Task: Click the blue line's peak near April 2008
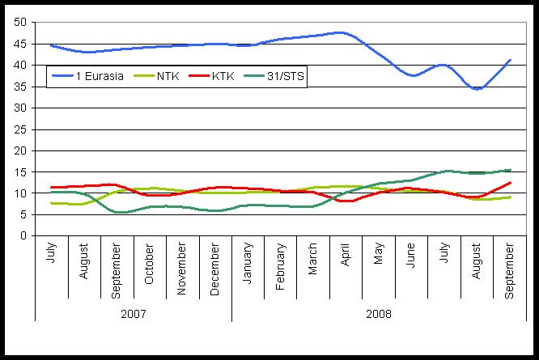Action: (343, 32)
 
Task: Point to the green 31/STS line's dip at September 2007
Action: (119, 213)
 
